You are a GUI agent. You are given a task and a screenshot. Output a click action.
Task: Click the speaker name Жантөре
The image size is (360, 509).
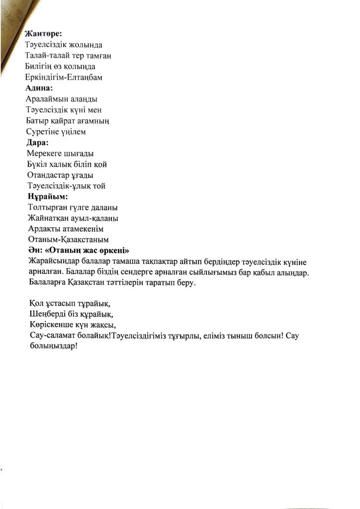43,34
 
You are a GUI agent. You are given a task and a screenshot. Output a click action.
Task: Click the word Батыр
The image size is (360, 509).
38,121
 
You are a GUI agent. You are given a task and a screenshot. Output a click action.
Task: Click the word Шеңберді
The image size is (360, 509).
50,315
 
